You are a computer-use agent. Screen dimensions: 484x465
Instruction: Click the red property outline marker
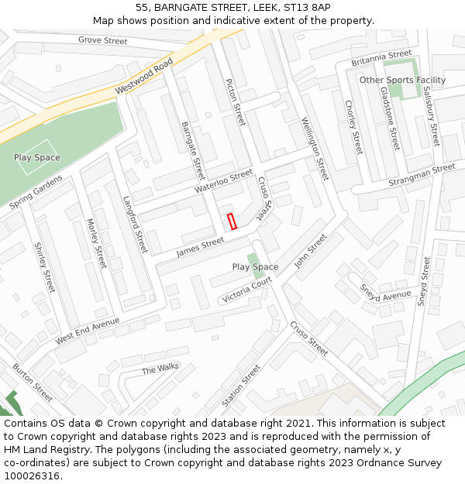pos(231,221)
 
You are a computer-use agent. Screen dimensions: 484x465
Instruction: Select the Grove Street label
pos(103,40)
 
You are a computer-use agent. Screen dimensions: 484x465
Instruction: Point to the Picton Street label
pos(234,102)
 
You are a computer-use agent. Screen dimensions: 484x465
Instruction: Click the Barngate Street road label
pos(192,149)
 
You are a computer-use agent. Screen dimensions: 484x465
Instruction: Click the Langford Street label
pos(135,224)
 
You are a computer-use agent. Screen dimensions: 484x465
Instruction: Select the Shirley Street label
pos(45,267)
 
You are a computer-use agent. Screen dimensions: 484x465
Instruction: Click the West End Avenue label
pos(88,331)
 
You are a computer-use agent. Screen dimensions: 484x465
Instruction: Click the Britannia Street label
pos(381,58)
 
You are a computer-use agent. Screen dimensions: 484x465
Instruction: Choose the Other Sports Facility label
pos(402,80)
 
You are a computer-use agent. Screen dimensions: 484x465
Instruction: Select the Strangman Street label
pos(422,176)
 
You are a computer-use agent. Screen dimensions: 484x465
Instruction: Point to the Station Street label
pos(241,386)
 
